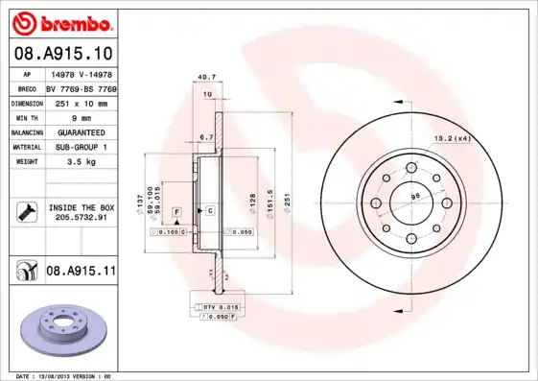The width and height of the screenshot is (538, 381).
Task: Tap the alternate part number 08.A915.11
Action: (81, 273)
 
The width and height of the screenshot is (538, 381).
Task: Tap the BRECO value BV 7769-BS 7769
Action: (80, 86)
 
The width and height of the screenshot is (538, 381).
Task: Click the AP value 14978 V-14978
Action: (80, 72)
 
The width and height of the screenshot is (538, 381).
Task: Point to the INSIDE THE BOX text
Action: (81, 207)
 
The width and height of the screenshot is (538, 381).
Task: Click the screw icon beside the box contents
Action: (24, 212)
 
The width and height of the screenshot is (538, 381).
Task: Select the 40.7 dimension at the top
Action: (204, 77)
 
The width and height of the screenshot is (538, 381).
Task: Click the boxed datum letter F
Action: (176, 210)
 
